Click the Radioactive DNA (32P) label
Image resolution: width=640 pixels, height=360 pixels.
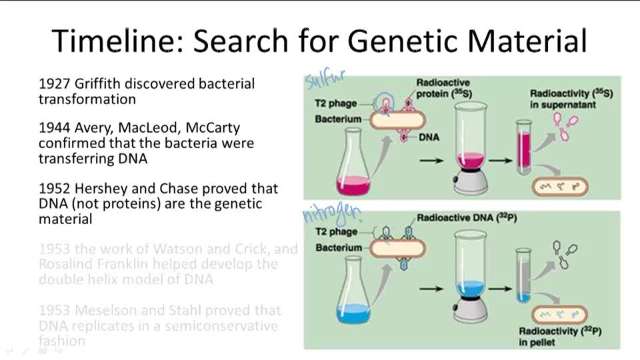459,218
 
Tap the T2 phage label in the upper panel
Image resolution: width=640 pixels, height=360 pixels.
335,104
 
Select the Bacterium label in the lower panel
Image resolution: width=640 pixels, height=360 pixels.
338,247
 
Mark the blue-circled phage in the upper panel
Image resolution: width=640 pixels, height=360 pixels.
383,101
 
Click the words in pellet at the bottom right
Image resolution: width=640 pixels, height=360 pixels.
539,343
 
